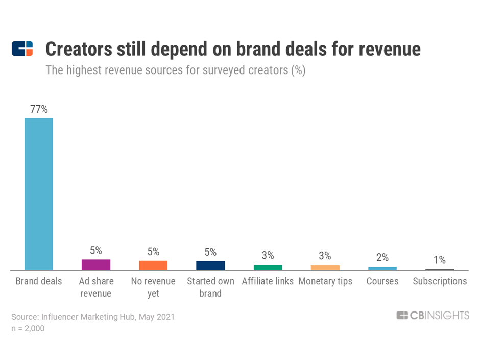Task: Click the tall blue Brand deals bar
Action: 39,194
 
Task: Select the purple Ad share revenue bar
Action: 96,265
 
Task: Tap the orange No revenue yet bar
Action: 153,265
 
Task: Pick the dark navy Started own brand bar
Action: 210,266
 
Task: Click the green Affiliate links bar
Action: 268,267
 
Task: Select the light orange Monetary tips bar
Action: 325,267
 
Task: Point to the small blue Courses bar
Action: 382,268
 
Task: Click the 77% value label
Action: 39,109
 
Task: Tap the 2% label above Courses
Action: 382,257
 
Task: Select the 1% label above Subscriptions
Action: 439,260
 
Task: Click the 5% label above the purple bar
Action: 96,250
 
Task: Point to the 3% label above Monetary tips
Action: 325,256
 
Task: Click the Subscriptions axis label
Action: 440,281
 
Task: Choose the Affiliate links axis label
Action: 268,281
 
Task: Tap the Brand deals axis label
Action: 39,281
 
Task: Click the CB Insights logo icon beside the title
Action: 22,49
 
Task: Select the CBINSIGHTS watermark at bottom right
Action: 433,316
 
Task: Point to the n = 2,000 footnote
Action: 28,328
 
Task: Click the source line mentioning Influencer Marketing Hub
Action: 92,317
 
